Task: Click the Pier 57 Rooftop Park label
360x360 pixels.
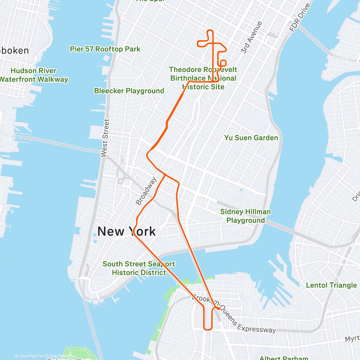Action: pos(105,49)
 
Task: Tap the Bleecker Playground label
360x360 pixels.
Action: pos(129,91)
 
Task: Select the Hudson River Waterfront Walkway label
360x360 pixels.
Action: pos(34,75)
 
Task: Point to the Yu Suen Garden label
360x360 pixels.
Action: pos(251,138)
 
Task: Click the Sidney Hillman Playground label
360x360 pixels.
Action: pos(245,216)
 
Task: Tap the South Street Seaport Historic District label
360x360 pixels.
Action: pos(139,268)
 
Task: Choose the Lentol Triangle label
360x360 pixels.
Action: pos(331,285)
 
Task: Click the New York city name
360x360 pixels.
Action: pos(127,231)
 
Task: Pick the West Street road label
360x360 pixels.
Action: pos(105,138)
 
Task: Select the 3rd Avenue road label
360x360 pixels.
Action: pos(251,37)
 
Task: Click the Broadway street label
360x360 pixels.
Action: pos(146,191)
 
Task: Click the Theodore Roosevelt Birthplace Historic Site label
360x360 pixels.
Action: pos(203,78)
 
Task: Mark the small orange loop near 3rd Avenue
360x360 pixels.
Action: pos(223,63)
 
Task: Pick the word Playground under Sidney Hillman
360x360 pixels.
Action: pos(245,220)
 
